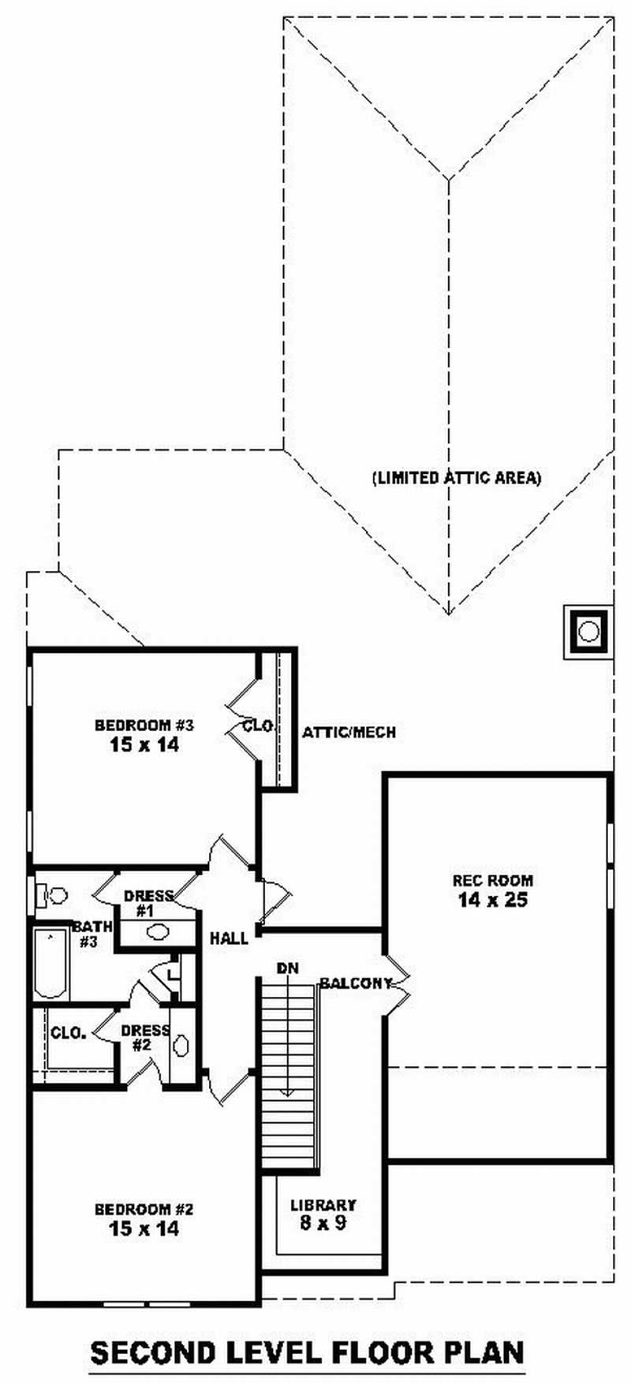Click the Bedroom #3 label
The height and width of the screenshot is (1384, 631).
click(144, 725)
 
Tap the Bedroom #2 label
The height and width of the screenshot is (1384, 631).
click(144, 1209)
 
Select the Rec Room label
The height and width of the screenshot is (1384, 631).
click(493, 880)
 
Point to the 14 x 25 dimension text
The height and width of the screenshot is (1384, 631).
click(493, 900)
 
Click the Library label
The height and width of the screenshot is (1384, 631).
click(323, 1205)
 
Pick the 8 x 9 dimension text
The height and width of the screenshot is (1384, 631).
click(323, 1223)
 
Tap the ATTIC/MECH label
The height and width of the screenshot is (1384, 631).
click(349, 733)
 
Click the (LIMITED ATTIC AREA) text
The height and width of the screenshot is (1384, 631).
click(457, 477)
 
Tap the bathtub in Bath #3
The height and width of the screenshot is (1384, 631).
click(51, 964)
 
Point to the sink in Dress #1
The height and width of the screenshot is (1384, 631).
click(158, 931)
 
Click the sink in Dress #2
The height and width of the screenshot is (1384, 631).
click(181, 1046)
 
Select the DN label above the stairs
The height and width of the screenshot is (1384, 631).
click(287, 968)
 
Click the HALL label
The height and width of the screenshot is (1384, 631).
click(229, 938)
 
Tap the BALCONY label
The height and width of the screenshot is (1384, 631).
click(356, 983)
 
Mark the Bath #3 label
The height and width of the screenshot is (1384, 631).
click(91, 934)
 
